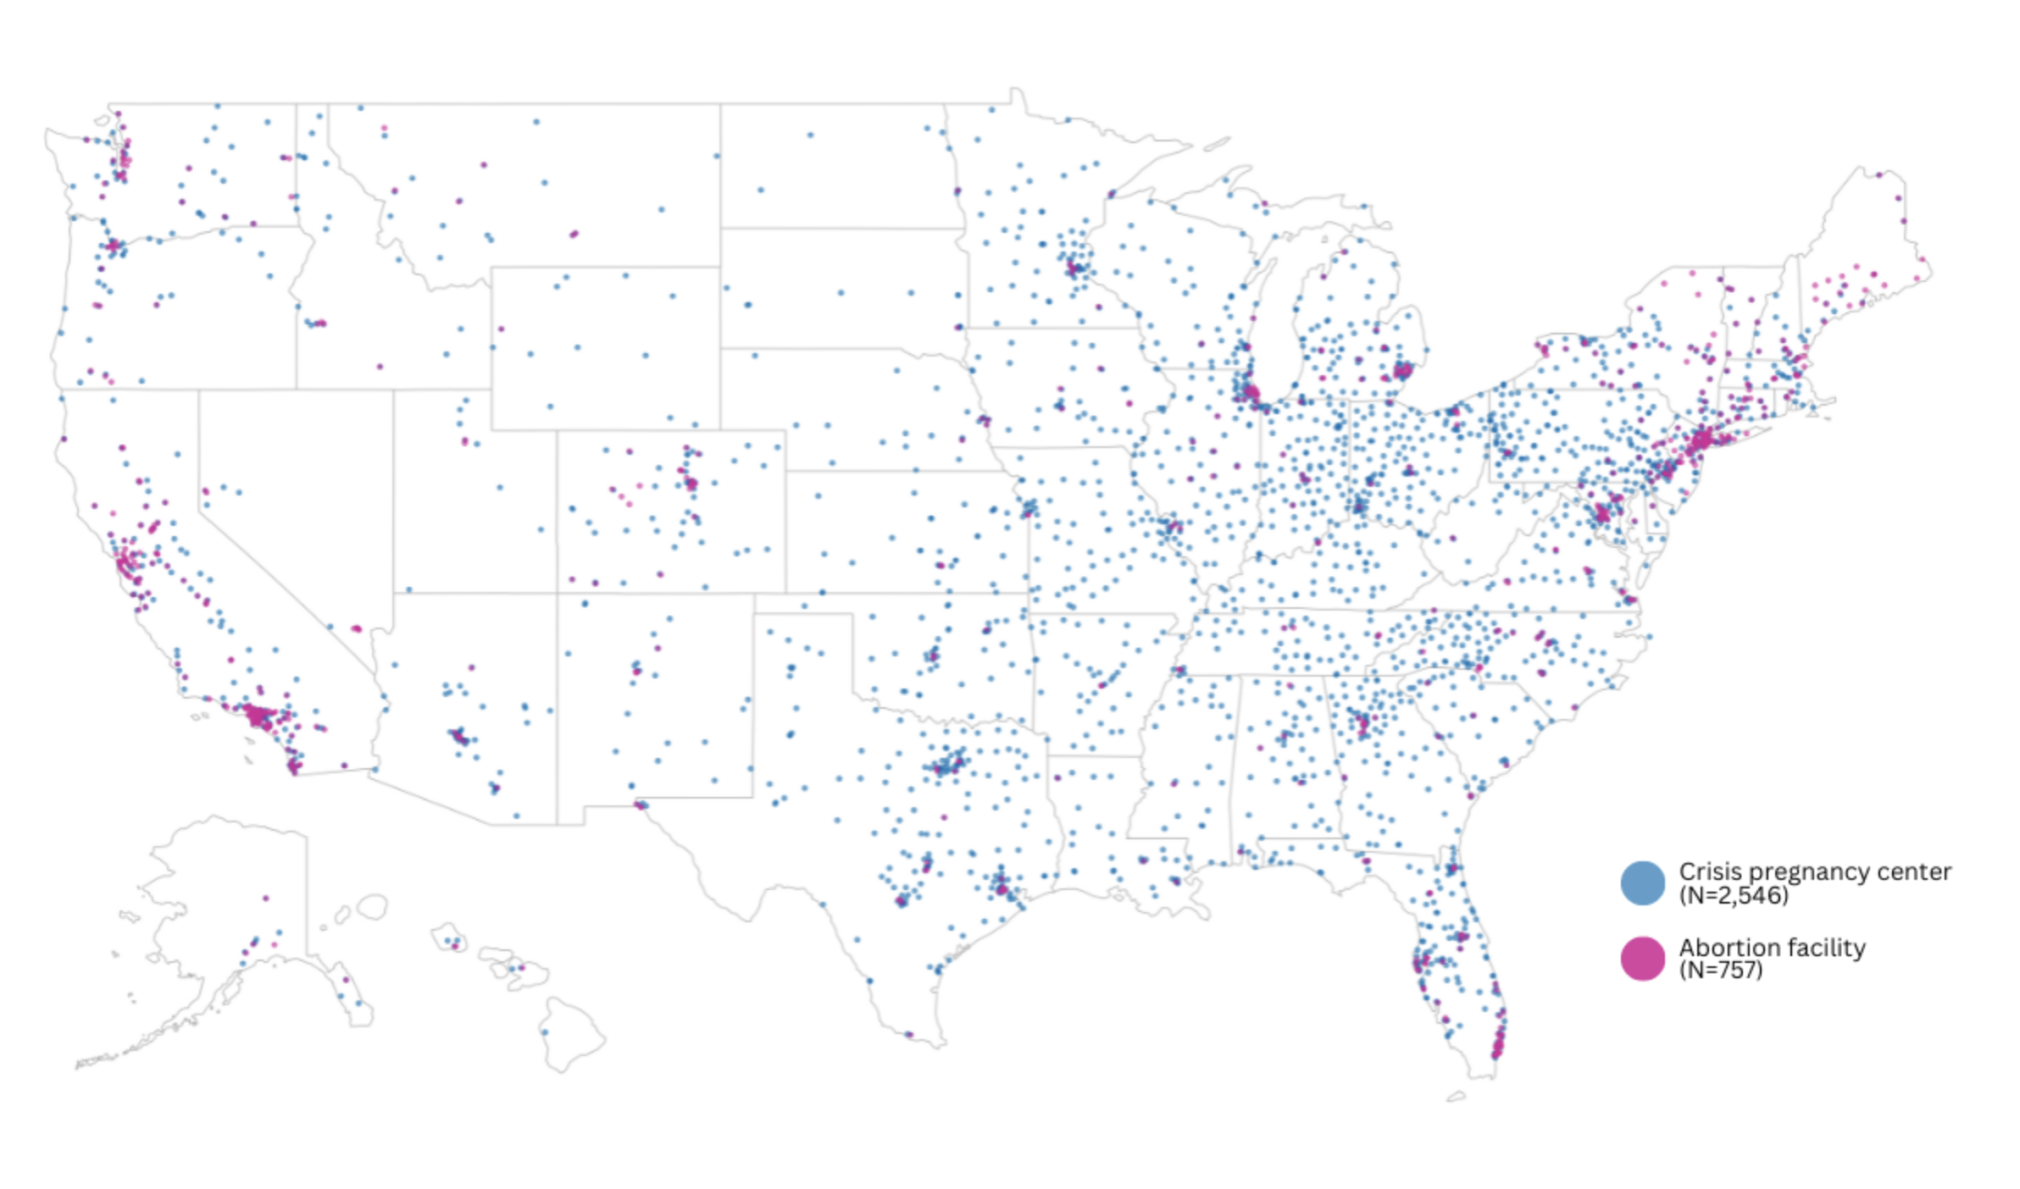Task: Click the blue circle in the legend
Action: point(1642,883)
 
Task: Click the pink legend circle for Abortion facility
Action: point(1642,959)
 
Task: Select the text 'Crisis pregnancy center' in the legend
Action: point(1814,871)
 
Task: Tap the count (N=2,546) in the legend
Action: point(1733,896)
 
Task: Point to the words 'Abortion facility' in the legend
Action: point(1772,947)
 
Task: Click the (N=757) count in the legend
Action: point(1720,971)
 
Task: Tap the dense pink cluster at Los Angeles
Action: point(258,717)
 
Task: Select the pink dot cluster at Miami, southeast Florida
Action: point(1498,1040)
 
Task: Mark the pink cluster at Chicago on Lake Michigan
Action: point(1249,392)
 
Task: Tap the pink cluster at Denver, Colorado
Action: point(691,484)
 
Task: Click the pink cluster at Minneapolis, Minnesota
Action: point(1074,268)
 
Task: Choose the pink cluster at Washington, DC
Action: point(1601,513)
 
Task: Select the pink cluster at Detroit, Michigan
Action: point(1402,370)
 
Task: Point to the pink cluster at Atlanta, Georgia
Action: point(1362,724)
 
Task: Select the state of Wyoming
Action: point(605,347)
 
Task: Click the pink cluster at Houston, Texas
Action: point(1002,888)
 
